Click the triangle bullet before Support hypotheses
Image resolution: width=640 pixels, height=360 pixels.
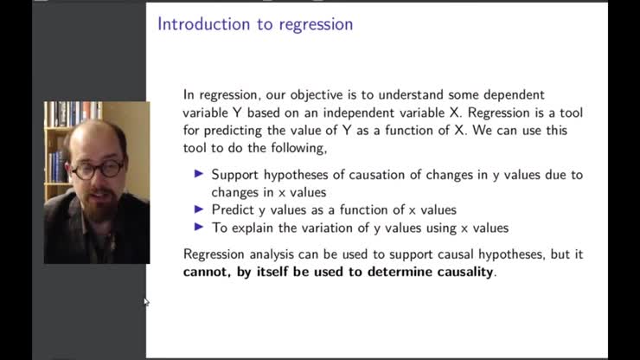(x=199, y=174)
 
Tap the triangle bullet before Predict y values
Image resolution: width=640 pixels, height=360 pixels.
(x=199, y=209)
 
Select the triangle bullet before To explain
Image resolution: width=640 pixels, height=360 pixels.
(x=199, y=228)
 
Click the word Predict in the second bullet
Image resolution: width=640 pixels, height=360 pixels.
(x=232, y=210)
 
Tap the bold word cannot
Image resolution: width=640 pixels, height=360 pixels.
(x=208, y=272)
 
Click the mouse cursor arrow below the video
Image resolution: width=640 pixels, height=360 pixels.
(x=146, y=302)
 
